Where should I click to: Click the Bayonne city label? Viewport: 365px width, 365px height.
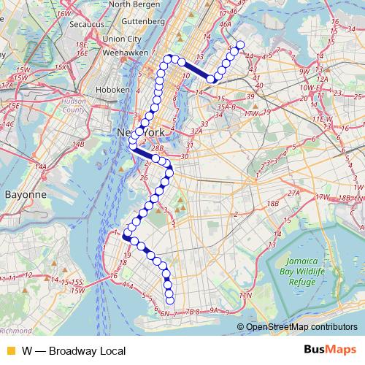coord(26,196)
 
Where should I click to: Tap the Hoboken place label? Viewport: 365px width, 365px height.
coord(112,89)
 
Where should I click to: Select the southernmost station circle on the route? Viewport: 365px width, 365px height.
coord(171,300)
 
